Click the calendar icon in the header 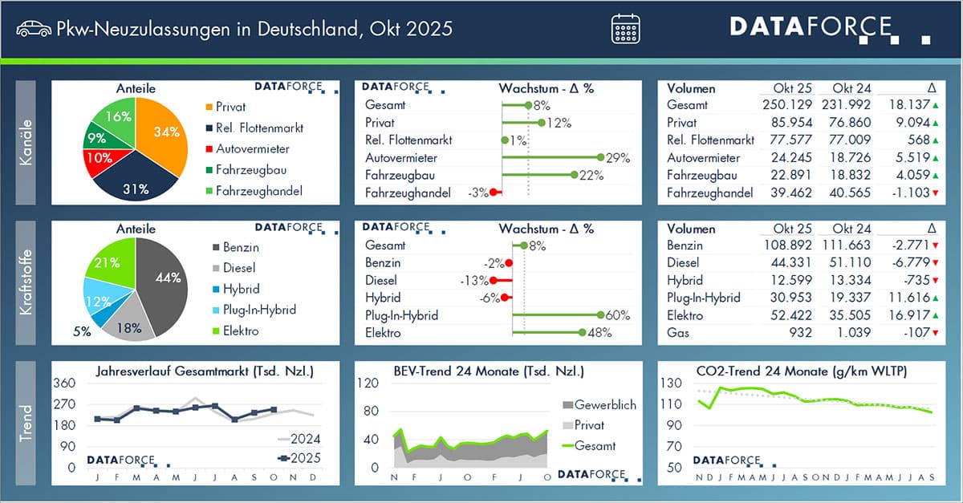[x=625, y=29]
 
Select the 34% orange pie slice [x=164, y=132]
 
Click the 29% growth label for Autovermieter [x=618, y=158]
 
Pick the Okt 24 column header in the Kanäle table [x=851, y=88]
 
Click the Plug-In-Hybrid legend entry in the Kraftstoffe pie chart [x=254, y=310]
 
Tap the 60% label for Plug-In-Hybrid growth [x=618, y=315]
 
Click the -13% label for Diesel [x=473, y=281]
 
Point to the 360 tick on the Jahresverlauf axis [x=65, y=383]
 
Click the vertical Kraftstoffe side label [x=25, y=283]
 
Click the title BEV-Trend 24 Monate [x=488, y=371]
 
